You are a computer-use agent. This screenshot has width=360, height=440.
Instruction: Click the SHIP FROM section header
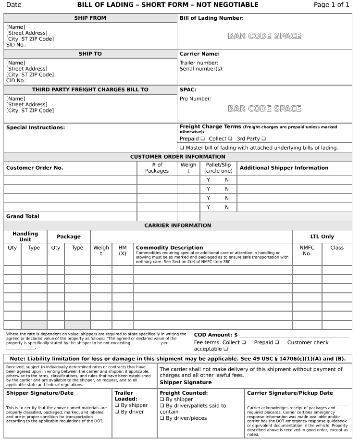tap(90, 18)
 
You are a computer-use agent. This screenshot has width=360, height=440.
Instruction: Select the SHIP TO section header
tap(90, 54)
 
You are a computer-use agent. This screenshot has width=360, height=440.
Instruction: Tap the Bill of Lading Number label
tap(211, 18)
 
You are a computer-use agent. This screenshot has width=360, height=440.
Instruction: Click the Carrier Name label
tap(199, 54)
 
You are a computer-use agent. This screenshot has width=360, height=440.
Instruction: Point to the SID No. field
tap(16, 45)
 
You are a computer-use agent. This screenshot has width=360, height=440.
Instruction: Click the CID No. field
tap(16, 81)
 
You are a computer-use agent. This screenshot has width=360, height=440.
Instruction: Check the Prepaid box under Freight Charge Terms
tap(202, 138)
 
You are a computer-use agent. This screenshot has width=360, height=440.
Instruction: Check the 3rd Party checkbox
tap(263, 138)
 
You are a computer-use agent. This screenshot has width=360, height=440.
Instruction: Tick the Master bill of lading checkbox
tap(182, 148)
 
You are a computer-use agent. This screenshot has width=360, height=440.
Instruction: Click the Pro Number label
tap(195, 99)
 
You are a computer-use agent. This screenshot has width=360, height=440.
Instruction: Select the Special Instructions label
tap(36, 127)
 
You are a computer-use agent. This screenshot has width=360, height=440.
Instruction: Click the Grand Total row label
tap(23, 216)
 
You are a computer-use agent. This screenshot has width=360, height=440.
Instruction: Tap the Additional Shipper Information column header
tap(284, 168)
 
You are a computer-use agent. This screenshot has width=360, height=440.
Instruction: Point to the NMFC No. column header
tap(307, 251)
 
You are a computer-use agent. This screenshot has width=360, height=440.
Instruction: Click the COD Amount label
tap(215, 335)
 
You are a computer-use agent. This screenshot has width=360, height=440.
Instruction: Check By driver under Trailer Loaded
tap(117, 412)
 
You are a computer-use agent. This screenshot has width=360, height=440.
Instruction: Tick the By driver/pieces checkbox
tap(162, 418)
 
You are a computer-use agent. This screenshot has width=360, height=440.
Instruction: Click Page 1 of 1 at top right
tap(331, 5)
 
